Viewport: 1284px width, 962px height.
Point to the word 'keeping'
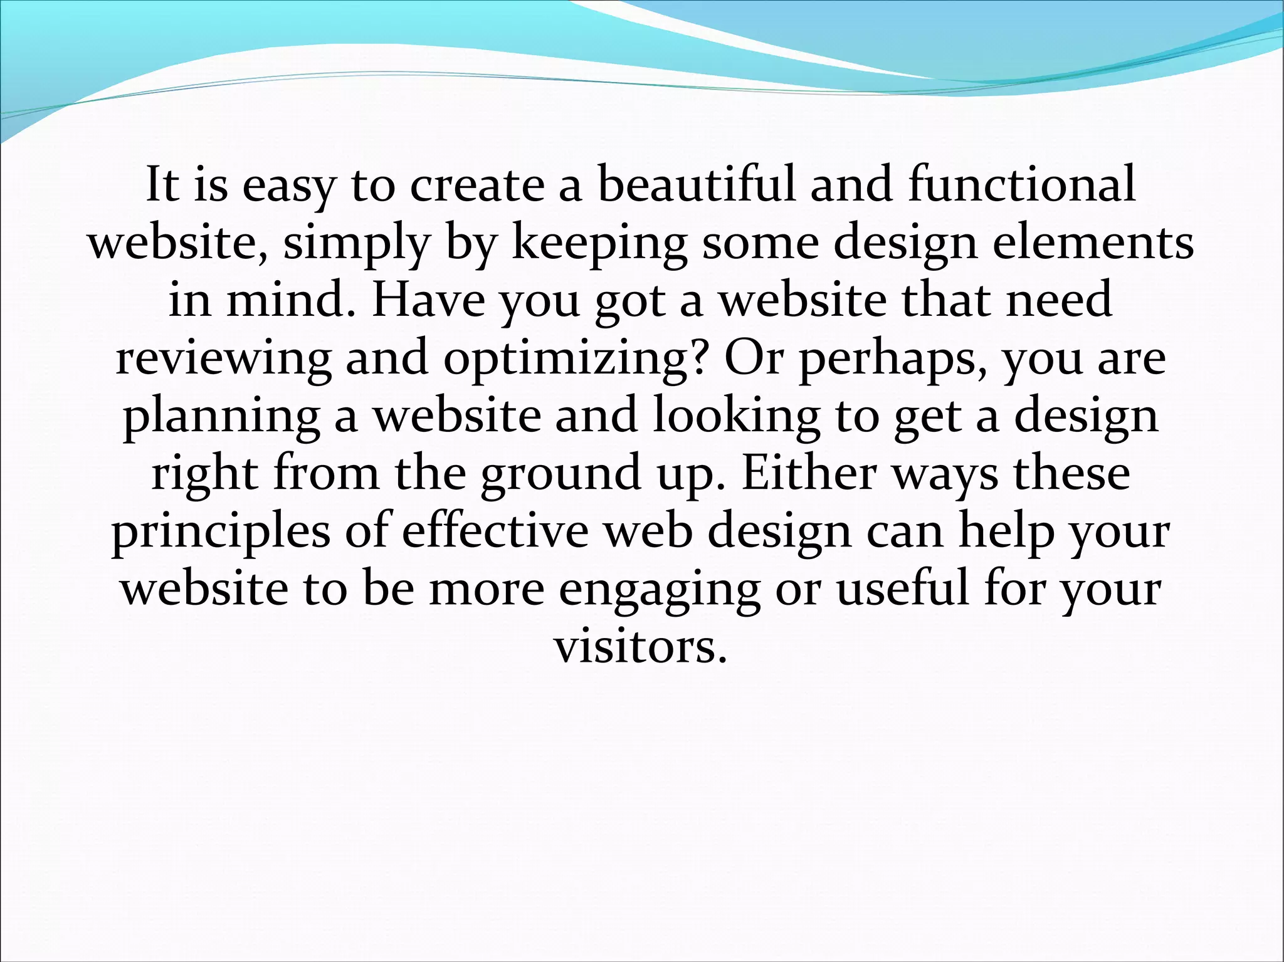tap(599, 244)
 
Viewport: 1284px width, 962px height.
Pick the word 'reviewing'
tap(223, 359)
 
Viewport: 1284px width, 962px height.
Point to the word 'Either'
tap(809, 473)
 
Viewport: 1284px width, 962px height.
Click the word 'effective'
tap(495, 531)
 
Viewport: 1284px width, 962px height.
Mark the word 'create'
tap(476, 186)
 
